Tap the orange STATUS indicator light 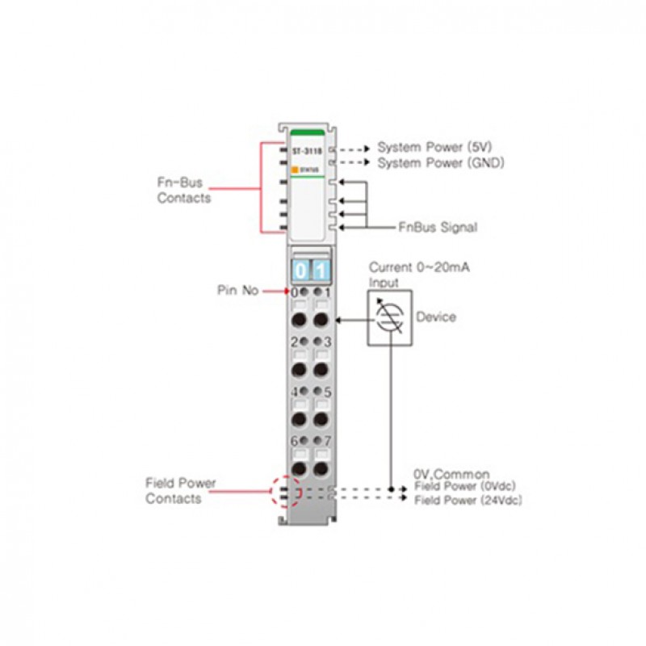coord(296,169)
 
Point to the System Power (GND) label coord(440,163)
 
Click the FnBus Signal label coord(437,228)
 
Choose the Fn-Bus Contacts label coord(184,191)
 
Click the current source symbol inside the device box coord(389,317)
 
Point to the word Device coord(435,317)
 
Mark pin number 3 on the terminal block coord(328,342)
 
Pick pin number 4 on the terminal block coord(295,392)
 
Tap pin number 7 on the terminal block coord(328,441)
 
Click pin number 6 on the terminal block coord(295,441)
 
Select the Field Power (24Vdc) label coord(468,501)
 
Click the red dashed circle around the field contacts coord(283,491)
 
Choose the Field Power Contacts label coord(180,491)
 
